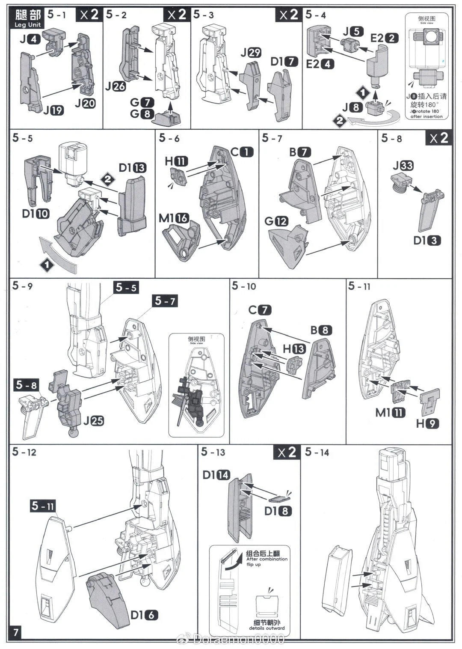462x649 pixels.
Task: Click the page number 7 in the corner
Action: pos(16,632)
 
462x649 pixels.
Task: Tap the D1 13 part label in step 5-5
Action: pos(132,168)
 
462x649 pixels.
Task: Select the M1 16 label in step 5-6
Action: pos(174,218)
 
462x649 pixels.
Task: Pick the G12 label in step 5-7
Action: pos(276,221)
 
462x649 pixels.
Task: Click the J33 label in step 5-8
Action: pos(403,165)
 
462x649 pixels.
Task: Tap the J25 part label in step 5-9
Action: pos(93,420)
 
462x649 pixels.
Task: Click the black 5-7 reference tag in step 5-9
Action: pos(165,301)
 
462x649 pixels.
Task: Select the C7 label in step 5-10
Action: pos(260,310)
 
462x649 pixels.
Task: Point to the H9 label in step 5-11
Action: pos(428,424)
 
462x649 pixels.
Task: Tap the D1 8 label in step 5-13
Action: pos(278,511)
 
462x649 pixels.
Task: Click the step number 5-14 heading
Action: pos(317,452)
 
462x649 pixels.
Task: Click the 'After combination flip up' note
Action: pos(266,559)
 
